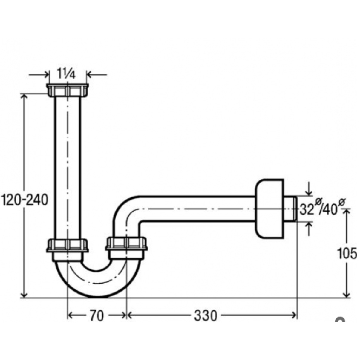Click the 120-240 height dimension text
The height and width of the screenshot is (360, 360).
tap(24, 200)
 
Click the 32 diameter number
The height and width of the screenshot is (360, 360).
tap(307, 210)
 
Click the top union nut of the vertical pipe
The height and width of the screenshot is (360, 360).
tap(68, 91)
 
